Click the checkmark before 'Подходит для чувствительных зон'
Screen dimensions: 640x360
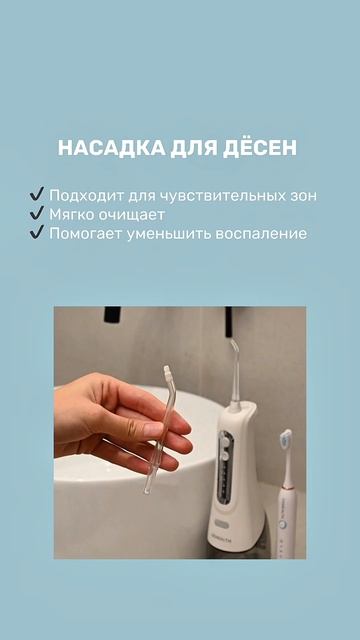pyautogui.click(x=37, y=195)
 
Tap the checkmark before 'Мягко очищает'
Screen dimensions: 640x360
pyautogui.click(x=37, y=214)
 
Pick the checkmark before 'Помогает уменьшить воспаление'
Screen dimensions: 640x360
pyautogui.click(x=37, y=233)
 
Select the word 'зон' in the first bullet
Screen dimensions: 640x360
pyautogui.click(x=302, y=196)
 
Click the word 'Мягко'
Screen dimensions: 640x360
pyautogui.click(x=72, y=214)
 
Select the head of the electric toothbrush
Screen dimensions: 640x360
pyautogui.click(x=286, y=440)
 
